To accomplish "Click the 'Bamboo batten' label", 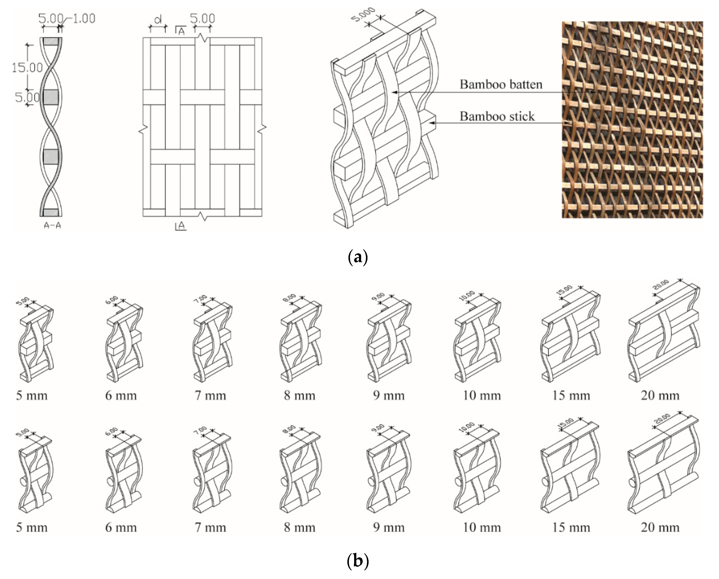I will click(x=501, y=85).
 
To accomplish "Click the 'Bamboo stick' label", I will click(x=497, y=116).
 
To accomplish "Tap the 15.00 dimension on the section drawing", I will click(x=27, y=68).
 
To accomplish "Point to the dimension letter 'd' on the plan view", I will click(x=158, y=20).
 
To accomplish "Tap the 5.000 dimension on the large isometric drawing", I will click(x=364, y=15).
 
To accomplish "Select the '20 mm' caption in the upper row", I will click(x=660, y=396).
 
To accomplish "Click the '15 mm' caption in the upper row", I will click(x=571, y=396).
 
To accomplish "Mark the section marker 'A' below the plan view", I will click(x=181, y=226).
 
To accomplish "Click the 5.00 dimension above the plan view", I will click(x=202, y=18).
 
